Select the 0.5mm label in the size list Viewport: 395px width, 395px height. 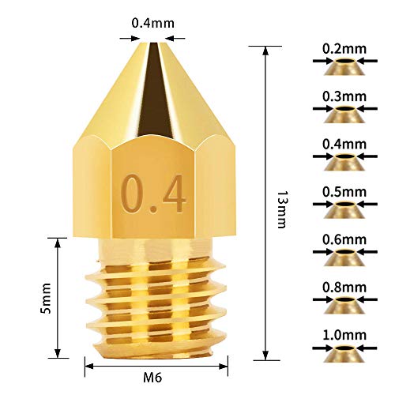[x=344, y=191]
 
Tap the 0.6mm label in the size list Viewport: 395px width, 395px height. [x=344, y=239]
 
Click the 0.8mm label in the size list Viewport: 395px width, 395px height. [x=344, y=286]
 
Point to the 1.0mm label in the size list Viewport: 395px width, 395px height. [x=344, y=334]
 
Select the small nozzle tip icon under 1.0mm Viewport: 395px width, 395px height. [x=345, y=353]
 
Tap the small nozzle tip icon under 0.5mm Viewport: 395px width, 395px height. [x=345, y=210]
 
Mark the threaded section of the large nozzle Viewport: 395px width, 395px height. [x=155, y=300]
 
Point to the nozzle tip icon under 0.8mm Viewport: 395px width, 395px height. [x=345, y=305]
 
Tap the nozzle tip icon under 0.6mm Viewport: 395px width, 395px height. [x=345, y=258]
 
